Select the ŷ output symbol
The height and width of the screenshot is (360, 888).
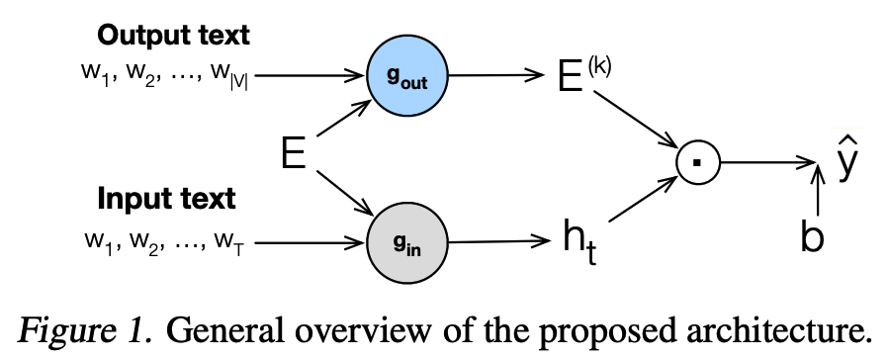point(841,162)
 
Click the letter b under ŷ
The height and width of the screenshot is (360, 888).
point(813,238)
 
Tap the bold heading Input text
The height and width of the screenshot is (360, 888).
point(167,198)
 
